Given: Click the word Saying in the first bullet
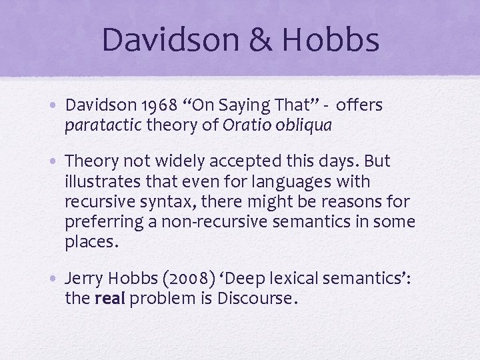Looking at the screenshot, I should pos(240,106).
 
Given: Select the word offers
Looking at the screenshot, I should pos(360,106).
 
